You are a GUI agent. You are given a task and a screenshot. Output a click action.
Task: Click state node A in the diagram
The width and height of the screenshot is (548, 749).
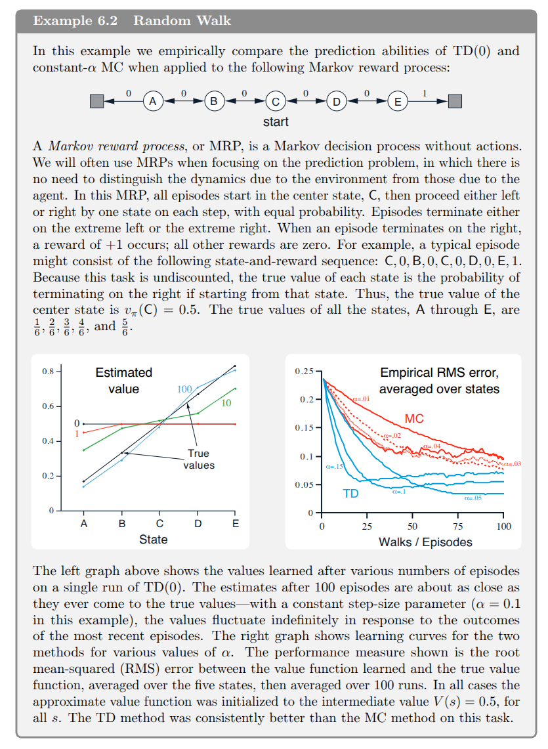click(x=153, y=102)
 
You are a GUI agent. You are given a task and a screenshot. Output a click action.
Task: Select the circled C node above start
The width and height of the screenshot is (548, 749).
click(x=275, y=102)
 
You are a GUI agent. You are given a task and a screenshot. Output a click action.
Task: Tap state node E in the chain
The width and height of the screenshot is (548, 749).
click(x=396, y=102)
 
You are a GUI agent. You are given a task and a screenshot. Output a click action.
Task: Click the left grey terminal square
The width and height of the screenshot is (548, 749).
click(x=96, y=102)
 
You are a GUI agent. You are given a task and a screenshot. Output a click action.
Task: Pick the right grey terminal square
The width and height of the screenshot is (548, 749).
click(x=455, y=102)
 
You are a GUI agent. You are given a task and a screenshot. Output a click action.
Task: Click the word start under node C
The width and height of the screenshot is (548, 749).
click(x=276, y=121)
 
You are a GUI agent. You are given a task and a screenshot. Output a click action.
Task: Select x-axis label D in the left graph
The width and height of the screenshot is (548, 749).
click(x=198, y=524)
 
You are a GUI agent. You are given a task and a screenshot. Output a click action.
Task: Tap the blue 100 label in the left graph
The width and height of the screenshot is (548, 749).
click(x=185, y=389)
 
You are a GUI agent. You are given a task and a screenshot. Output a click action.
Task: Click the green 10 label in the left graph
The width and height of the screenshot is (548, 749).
click(x=226, y=402)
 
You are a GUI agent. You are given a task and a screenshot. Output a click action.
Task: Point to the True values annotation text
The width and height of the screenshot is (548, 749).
click(x=198, y=459)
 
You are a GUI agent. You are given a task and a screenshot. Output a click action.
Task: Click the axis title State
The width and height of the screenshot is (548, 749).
click(x=153, y=540)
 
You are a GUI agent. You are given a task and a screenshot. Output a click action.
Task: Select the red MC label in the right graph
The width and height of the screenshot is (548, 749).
click(x=414, y=419)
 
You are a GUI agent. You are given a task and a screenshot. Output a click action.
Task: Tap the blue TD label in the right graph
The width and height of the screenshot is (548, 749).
click(x=350, y=493)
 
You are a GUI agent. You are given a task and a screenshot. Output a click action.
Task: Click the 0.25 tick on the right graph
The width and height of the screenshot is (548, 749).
click(x=304, y=372)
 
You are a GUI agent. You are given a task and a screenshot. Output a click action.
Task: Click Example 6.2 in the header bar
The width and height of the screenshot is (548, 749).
click(x=75, y=20)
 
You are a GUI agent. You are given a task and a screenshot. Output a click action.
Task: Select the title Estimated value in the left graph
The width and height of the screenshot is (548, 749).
click(x=123, y=381)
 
